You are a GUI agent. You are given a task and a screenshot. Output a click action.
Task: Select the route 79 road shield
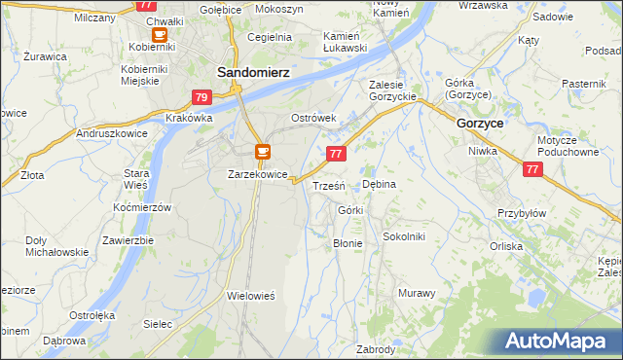(202, 97)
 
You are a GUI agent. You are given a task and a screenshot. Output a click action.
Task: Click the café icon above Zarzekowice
(262, 152)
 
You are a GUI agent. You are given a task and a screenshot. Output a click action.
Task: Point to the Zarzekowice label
(257, 174)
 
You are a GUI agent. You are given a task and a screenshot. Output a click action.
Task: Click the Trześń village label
(327, 185)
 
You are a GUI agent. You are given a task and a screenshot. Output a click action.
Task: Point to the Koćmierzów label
(142, 208)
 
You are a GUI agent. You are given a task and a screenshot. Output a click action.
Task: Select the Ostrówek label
(313, 118)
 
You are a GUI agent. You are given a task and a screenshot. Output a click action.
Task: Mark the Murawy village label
(417, 293)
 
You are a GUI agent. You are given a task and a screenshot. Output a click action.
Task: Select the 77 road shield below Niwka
(531, 169)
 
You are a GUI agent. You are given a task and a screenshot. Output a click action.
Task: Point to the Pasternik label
(583, 84)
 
